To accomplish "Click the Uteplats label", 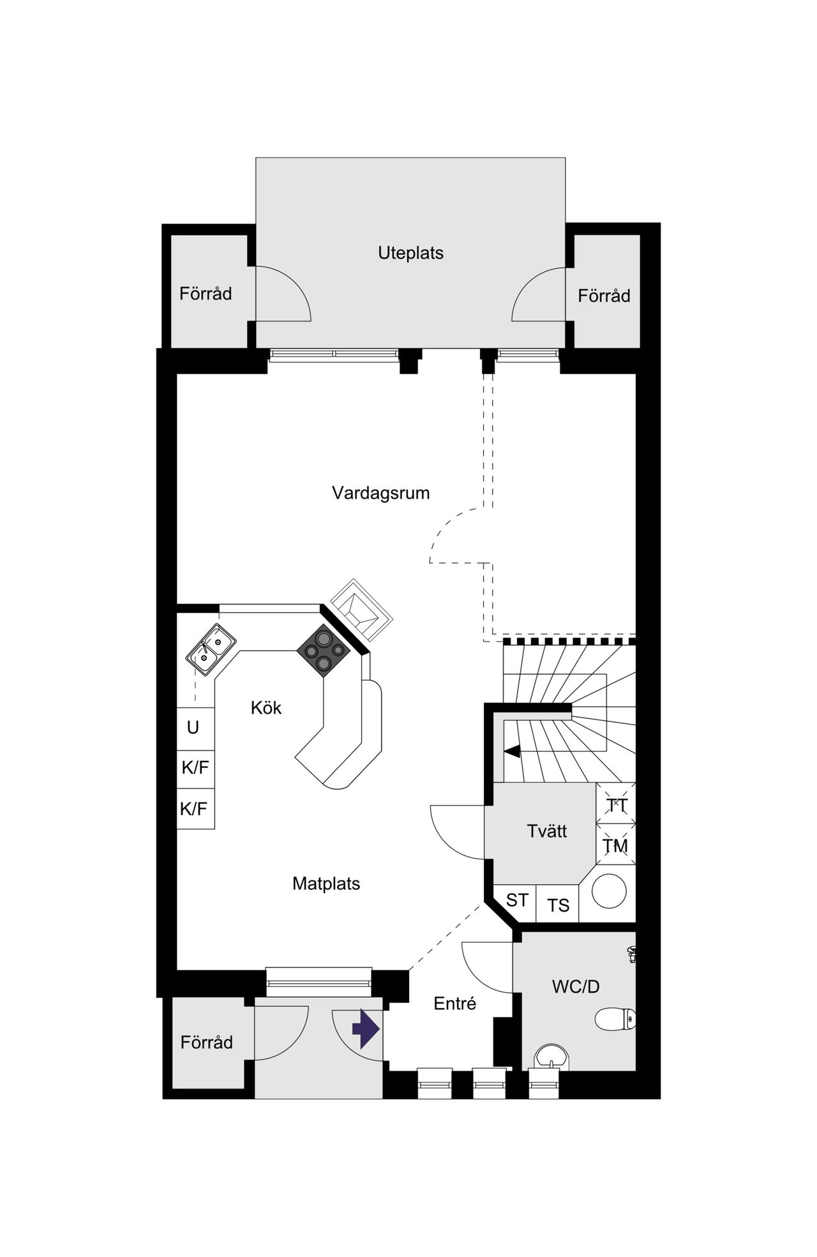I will [410, 253].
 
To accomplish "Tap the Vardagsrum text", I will [380, 493].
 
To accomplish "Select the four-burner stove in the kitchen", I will [324, 650].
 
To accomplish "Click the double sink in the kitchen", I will [211, 649].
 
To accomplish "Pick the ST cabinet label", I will [516, 900].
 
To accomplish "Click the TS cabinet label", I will [558, 905].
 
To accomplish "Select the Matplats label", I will [326, 884].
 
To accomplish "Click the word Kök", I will [266, 707].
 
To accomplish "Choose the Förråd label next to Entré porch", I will [206, 1042].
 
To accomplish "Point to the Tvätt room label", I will [547, 831].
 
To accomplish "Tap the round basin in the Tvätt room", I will [609, 891].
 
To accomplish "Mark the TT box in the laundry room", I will [616, 806].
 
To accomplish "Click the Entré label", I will [454, 1004].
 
